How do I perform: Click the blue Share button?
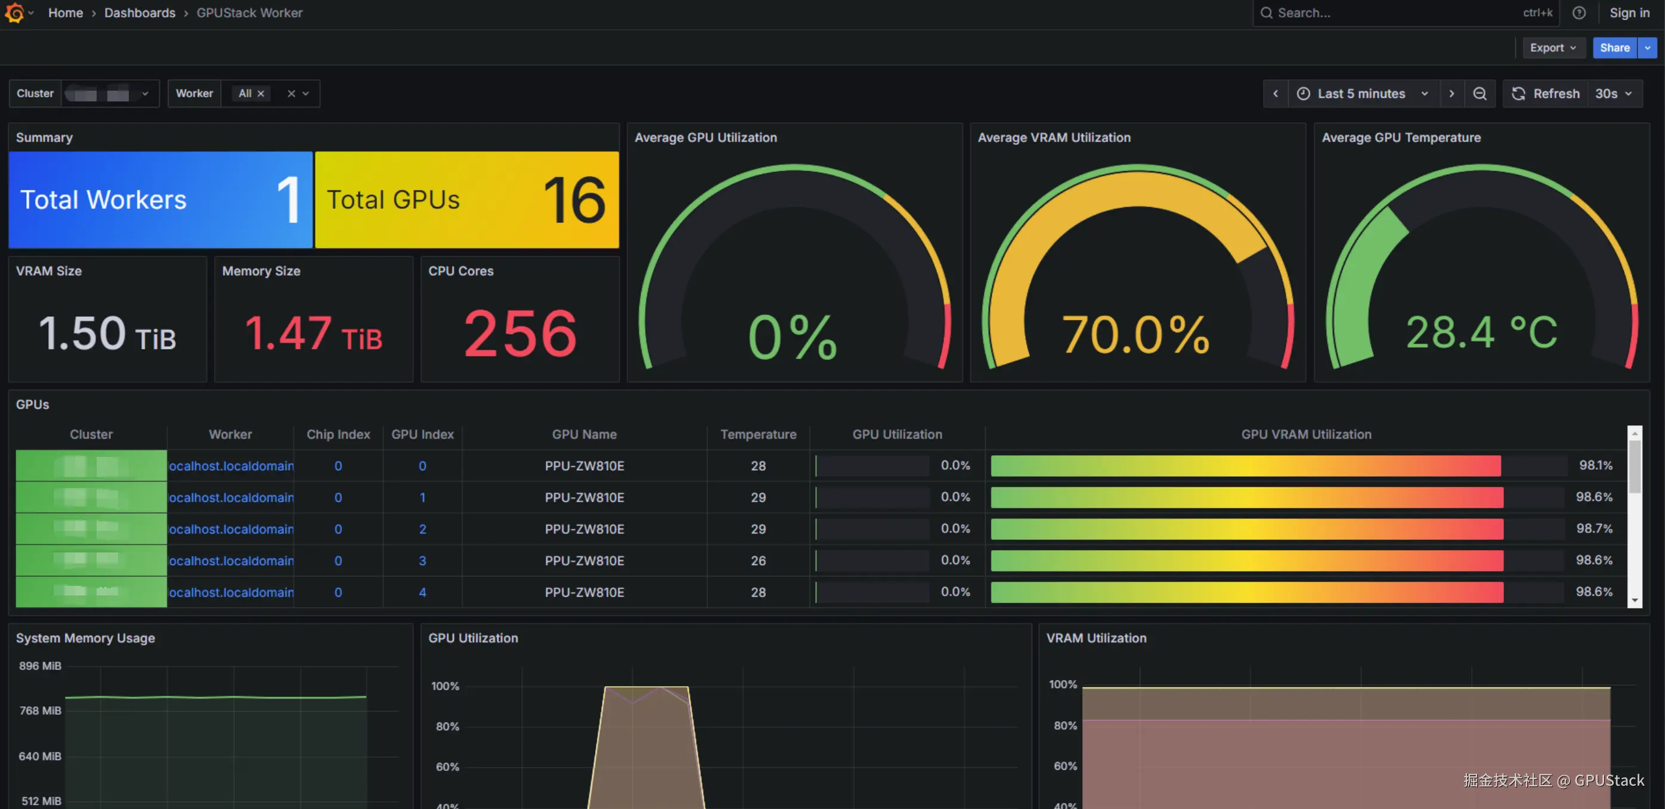point(1614,48)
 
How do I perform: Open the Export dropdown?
point(1552,48)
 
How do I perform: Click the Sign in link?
point(1629,13)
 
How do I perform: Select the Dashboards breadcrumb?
point(140,13)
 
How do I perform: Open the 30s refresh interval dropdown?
point(1613,94)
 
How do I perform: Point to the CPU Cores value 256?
point(519,333)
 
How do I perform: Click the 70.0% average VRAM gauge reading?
point(1135,334)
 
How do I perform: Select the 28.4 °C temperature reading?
point(1481,333)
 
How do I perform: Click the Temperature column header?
point(758,434)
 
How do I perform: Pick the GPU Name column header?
point(584,434)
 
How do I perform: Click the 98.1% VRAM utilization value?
point(1595,465)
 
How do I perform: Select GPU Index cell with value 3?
point(423,561)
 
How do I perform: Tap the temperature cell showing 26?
point(758,561)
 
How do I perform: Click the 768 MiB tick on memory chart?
point(40,711)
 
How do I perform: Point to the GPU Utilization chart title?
point(473,638)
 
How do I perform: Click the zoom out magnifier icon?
point(1480,94)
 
